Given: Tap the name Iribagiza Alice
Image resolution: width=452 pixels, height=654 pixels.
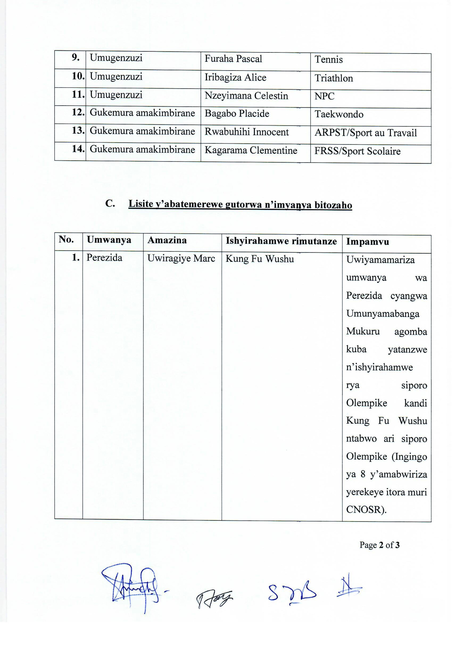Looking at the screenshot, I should pos(235,77).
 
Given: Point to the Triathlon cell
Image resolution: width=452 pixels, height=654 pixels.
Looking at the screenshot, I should pos(334,78).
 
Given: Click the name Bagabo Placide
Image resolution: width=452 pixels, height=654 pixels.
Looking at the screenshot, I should pos(237,114).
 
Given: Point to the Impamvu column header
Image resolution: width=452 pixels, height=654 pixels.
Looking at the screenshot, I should pos(367,242).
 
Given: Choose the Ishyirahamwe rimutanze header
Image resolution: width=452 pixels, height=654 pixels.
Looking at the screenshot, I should pos(281,241).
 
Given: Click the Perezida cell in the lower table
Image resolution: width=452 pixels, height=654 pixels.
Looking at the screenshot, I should pos(104,258).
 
